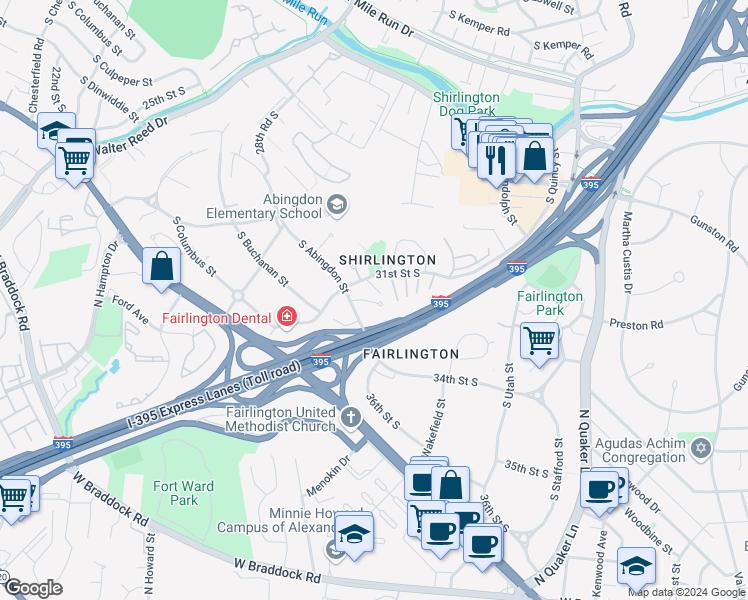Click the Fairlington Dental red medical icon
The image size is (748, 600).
[288, 318]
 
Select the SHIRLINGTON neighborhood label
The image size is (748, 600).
[387, 260]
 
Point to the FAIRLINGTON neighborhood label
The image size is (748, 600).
[410, 354]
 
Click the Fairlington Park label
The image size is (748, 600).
[549, 303]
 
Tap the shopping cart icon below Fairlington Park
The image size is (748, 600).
[540, 340]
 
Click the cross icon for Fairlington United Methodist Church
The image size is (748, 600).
[350, 417]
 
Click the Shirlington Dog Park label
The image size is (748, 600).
[466, 103]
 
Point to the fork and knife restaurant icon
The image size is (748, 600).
[496, 159]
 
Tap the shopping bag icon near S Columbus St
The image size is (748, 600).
[161, 266]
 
